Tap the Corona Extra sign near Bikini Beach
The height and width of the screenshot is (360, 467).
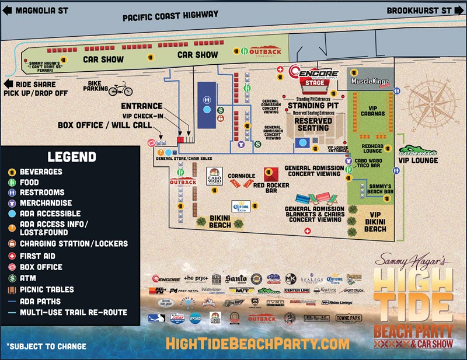coord(241,206)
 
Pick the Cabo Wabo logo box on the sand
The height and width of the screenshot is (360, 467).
coord(214,176)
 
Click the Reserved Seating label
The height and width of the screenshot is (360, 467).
coord(313,124)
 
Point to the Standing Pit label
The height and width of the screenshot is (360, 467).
coord(314,106)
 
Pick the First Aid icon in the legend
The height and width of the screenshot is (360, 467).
coord(11,256)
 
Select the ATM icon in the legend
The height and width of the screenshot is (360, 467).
coord(11,279)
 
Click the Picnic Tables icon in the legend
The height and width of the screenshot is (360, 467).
coord(11,290)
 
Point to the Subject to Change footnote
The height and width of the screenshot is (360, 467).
coord(46,346)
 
